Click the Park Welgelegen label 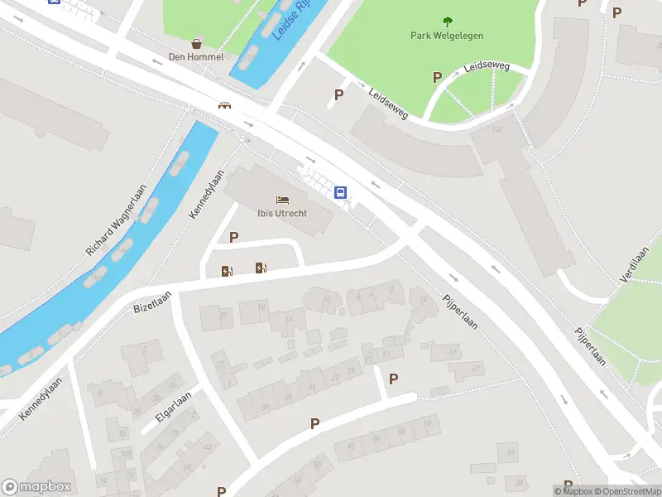(447, 36)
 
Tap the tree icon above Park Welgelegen (448, 22)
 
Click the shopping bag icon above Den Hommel (196, 43)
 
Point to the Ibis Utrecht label (282, 214)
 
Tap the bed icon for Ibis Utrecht (283, 200)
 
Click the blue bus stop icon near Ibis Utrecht (340, 192)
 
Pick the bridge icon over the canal (224, 105)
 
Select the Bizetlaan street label (152, 301)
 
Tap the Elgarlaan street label (172, 408)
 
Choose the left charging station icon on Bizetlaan (227, 271)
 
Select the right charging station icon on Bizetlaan (261, 267)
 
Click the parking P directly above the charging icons (234, 238)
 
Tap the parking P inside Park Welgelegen (437, 77)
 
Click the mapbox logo (36, 487)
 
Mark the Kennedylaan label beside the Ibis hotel (207, 195)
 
